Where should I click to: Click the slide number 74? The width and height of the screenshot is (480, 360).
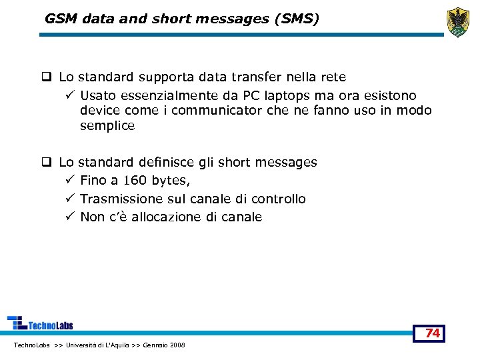433,333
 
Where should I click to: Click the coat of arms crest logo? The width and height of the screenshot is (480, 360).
458,22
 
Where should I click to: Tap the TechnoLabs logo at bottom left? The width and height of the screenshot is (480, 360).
40,323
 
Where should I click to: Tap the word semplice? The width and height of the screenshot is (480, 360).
107,125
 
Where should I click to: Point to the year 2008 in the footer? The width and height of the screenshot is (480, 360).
177,345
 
